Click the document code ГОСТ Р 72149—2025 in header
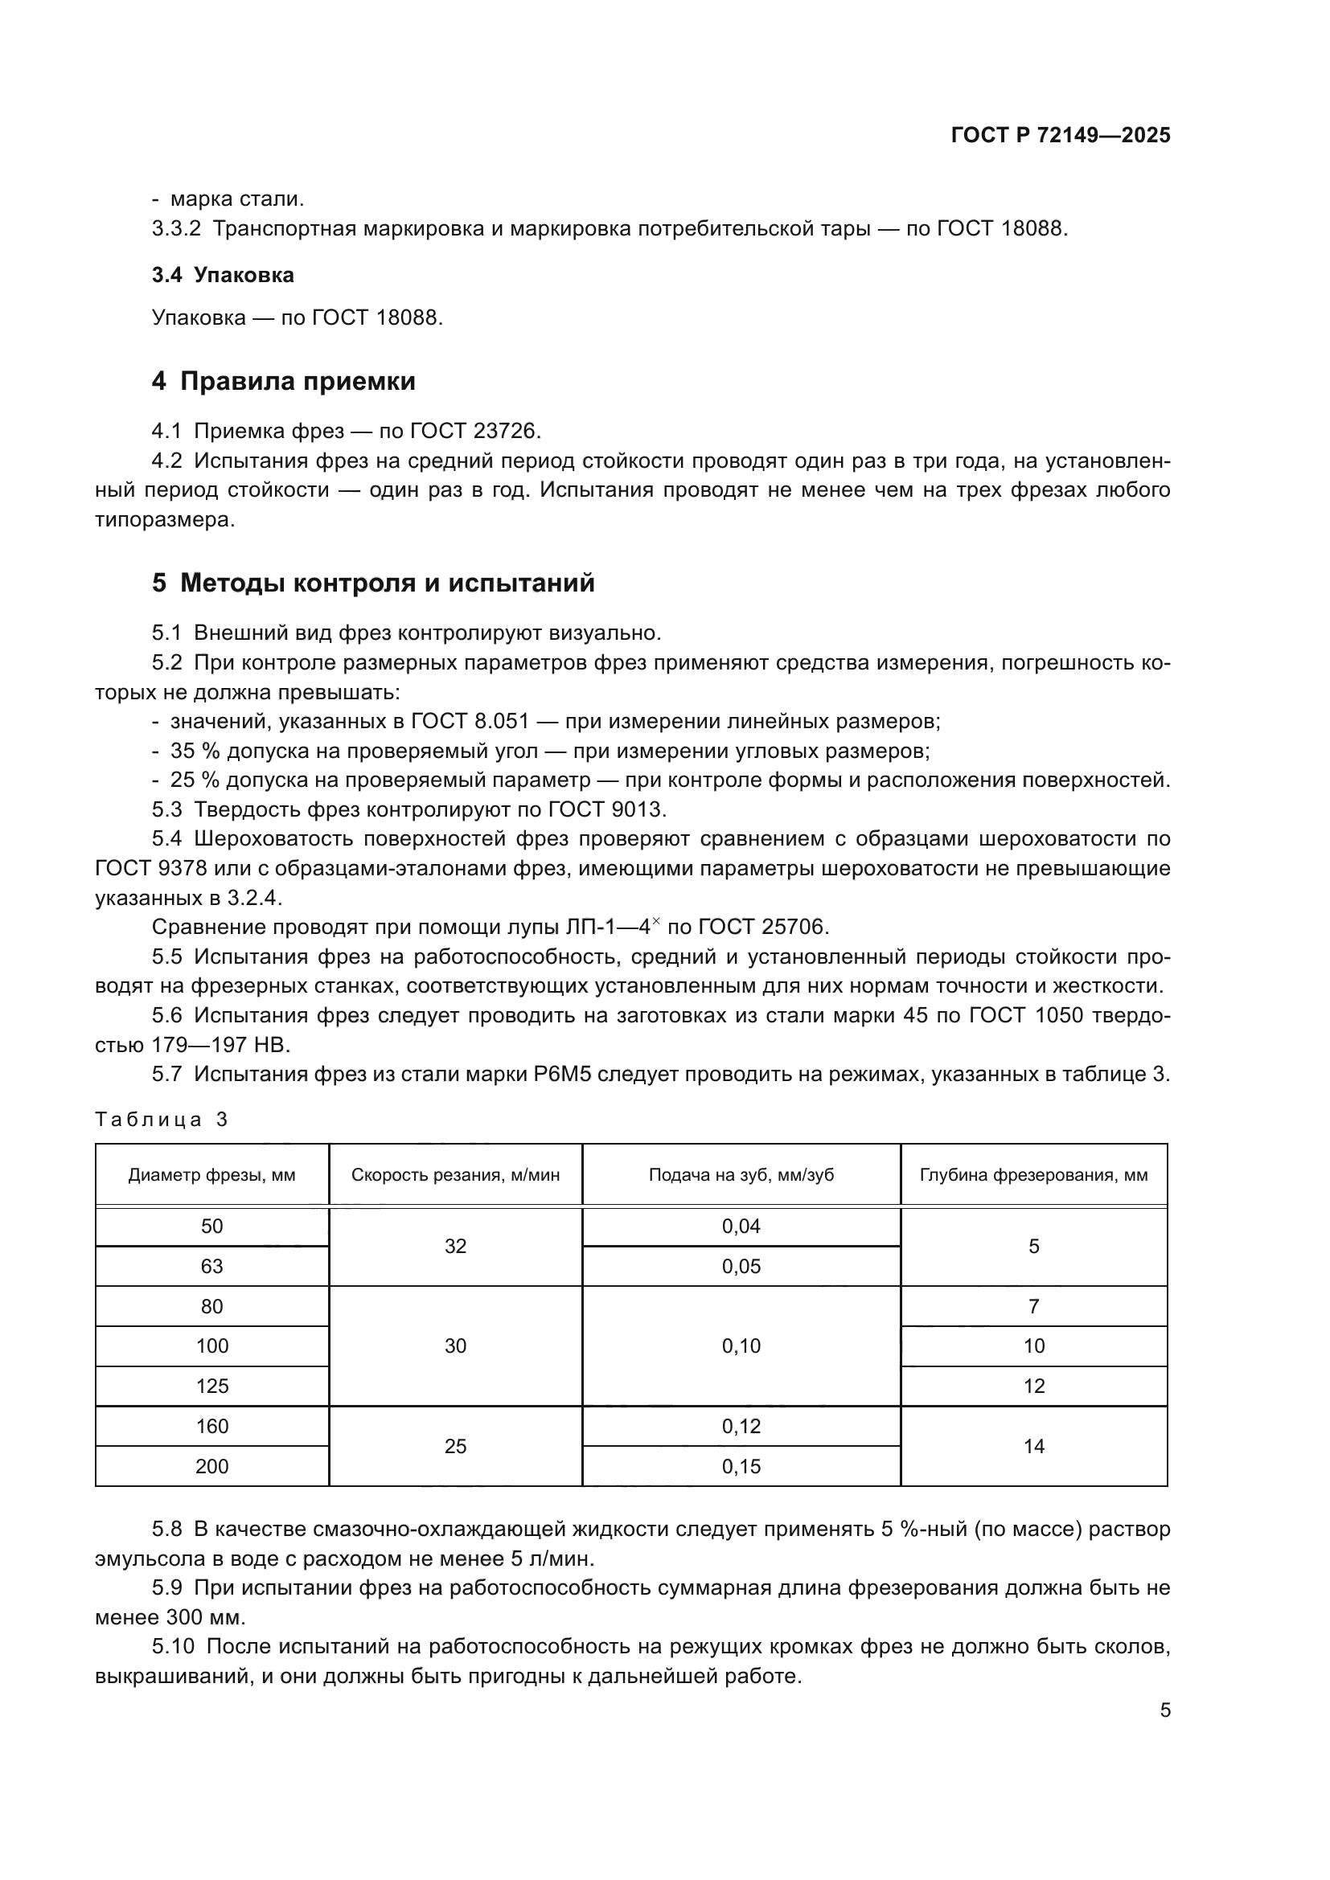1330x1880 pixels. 1061,136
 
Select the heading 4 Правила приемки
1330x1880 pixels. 283,382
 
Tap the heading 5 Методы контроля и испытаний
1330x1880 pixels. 372,583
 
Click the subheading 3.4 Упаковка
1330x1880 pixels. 223,275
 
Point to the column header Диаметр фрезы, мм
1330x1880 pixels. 211,1175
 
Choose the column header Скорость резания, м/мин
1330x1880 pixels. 455,1175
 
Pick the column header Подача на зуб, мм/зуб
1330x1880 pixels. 741,1175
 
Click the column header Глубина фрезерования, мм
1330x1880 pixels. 1033,1175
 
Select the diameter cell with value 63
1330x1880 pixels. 211,1267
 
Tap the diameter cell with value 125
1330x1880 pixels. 211,1386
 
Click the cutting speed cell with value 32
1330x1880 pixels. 455,1247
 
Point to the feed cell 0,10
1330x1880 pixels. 741,1346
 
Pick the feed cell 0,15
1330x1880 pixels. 741,1467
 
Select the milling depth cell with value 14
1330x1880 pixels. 1033,1446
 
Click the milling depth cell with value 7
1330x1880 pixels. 1033,1307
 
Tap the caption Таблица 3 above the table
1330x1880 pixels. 162,1120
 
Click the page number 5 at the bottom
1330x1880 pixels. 1164,1710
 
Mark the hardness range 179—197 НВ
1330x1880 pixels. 220,1045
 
